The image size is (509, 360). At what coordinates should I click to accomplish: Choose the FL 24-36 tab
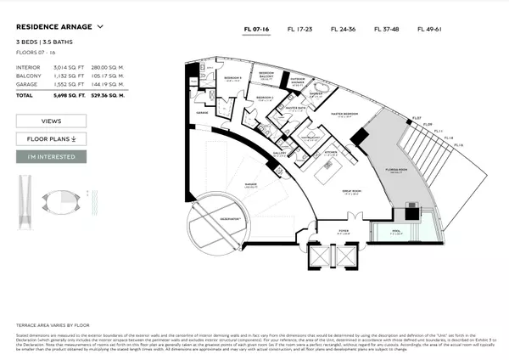(x=343, y=30)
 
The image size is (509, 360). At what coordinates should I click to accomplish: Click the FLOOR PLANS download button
(x=51, y=138)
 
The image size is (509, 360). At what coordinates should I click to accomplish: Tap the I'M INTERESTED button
(x=51, y=157)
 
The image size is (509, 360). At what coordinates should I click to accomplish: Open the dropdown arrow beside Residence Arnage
(x=101, y=26)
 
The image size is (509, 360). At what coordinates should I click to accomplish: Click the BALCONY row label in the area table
(x=29, y=74)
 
